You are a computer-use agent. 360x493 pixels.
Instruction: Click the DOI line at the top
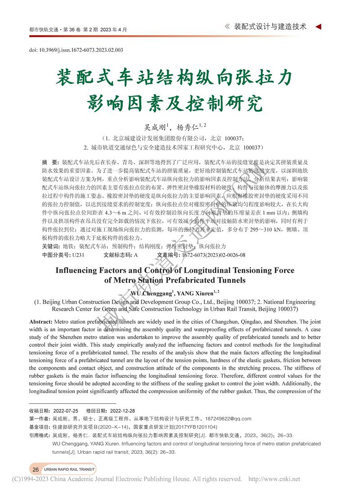(x=76, y=50)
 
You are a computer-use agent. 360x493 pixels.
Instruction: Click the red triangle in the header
(x=318, y=27)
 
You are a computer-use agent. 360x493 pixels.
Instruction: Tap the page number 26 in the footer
(x=36, y=469)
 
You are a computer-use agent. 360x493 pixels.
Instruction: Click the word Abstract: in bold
(x=40, y=322)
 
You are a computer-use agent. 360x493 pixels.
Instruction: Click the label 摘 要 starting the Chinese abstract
(x=49, y=162)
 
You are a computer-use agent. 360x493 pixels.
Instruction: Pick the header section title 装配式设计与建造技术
(x=270, y=27)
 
